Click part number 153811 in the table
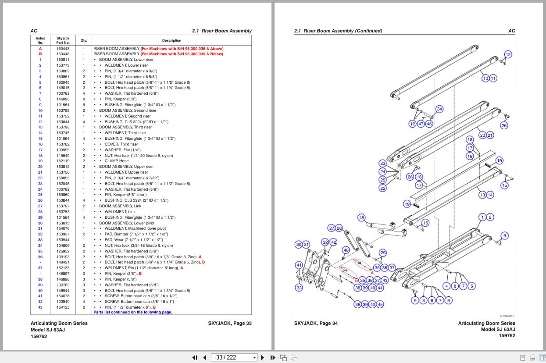(63, 60)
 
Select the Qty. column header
(83, 40)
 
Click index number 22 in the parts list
(40, 178)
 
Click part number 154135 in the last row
(63, 307)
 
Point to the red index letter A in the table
(40, 49)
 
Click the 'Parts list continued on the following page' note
(132, 312)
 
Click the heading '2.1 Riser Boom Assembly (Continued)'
(338, 31)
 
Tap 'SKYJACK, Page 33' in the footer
(230, 324)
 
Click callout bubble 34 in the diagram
(439, 109)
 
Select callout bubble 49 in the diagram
(361, 217)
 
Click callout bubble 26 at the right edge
(504, 126)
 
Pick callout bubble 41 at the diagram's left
(299, 265)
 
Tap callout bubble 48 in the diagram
(346, 250)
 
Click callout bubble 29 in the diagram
(383, 253)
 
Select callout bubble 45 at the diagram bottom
(380, 304)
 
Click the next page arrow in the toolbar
(263, 357)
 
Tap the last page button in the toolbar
(272, 357)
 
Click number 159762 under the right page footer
(507, 336)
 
